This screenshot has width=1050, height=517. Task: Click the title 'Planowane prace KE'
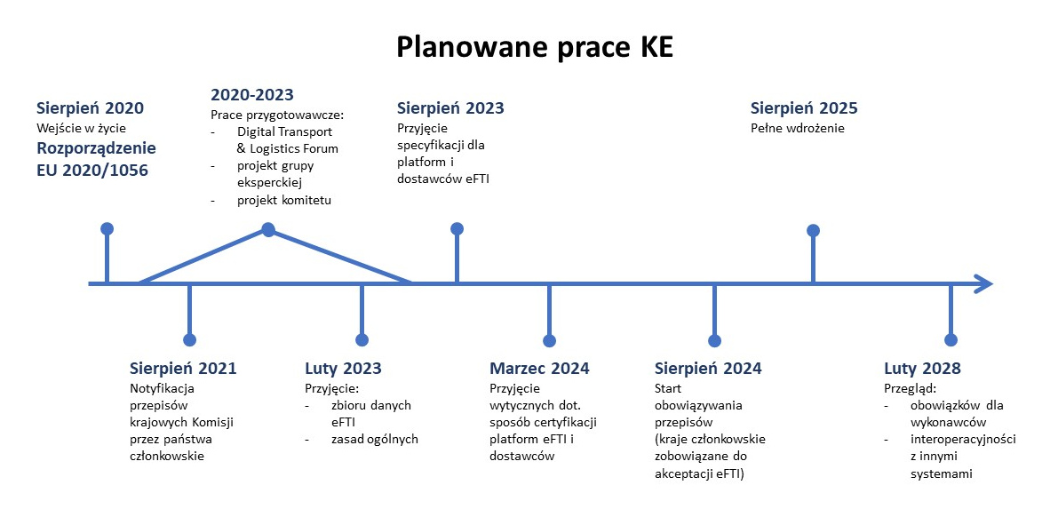(x=534, y=48)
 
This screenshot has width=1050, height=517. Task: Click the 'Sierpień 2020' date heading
(x=90, y=108)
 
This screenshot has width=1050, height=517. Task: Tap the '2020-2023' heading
(x=252, y=94)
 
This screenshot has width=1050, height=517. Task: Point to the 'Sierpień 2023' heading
(x=450, y=108)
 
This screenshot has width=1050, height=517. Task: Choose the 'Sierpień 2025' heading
(x=804, y=108)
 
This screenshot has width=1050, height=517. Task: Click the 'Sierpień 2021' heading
(x=183, y=369)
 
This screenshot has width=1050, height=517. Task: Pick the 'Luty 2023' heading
(x=343, y=369)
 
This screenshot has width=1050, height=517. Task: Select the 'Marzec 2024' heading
(x=539, y=369)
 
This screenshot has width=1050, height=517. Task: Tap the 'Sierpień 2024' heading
(x=708, y=369)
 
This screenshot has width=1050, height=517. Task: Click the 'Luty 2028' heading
(x=922, y=369)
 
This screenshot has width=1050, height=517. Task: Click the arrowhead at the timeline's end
(x=982, y=284)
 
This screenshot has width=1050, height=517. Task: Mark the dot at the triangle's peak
(x=267, y=230)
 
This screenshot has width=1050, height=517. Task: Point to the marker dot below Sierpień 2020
(x=107, y=228)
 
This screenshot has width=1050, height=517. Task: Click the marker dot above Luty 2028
(x=951, y=339)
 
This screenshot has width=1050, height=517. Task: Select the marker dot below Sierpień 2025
(x=812, y=230)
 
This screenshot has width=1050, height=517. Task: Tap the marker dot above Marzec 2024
(x=549, y=340)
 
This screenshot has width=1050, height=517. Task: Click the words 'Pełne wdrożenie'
(x=798, y=128)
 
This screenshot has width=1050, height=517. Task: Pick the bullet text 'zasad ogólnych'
(x=373, y=439)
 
